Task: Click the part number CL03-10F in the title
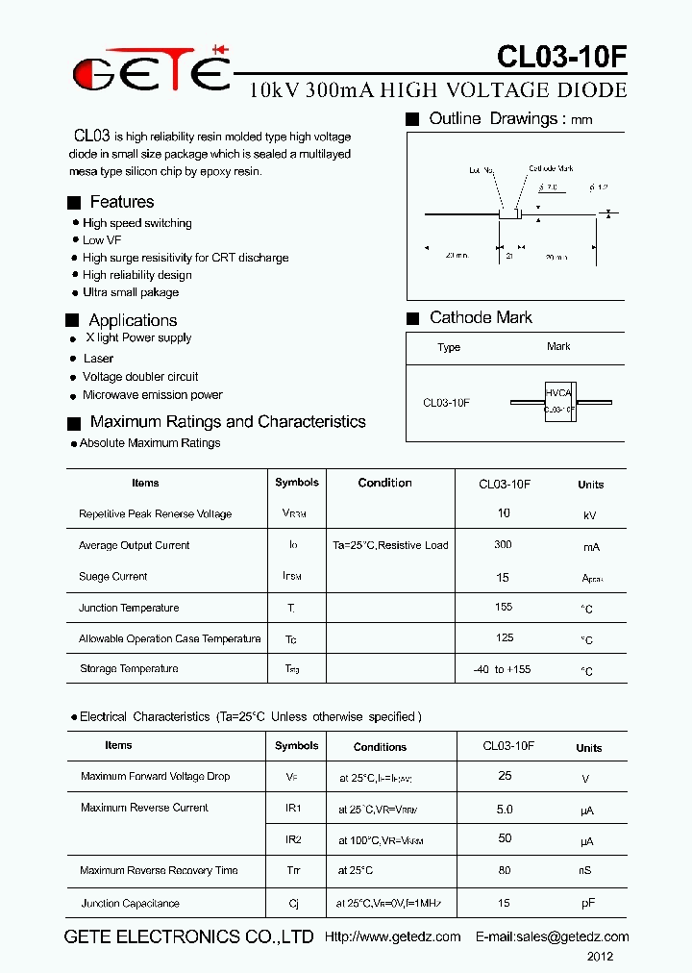coord(561,58)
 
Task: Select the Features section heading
coord(121,202)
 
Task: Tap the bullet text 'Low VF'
coord(102,240)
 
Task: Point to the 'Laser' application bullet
coord(98,359)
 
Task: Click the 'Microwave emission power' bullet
coord(152,395)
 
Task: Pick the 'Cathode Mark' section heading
coord(481,317)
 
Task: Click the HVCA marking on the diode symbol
coord(557,393)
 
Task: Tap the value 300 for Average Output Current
coord(503,544)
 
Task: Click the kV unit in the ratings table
coord(590,515)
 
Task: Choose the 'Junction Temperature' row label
coord(129,608)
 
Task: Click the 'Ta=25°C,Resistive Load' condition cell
coord(390,545)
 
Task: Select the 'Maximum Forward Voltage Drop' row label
coord(156,776)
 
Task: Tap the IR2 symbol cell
coord(293,839)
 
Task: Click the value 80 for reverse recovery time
coord(505,870)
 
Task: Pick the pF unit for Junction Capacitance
coord(588,905)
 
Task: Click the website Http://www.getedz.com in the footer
coord(392,936)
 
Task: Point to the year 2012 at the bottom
coord(600,957)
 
